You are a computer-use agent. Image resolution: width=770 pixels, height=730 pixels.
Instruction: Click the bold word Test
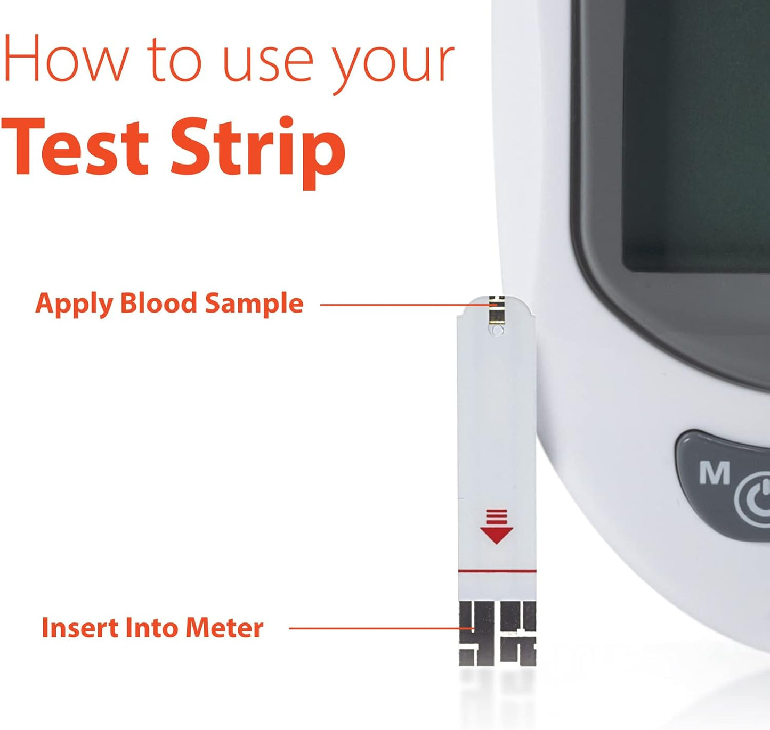click(75, 145)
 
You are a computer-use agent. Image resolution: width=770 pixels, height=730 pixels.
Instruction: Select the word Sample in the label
click(254, 304)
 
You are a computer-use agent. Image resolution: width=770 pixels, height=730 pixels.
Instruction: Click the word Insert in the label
click(79, 628)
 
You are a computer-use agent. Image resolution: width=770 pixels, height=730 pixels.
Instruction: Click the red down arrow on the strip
click(496, 527)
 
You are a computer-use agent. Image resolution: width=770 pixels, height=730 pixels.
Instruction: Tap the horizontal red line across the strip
click(497, 571)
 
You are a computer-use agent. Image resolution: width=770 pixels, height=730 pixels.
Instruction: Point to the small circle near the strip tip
click(497, 331)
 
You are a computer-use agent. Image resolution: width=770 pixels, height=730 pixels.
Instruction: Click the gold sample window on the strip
click(496, 311)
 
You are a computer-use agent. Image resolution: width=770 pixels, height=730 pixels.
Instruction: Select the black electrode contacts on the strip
click(497, 634)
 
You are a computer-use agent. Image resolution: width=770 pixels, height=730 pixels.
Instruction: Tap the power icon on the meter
click(755, 500)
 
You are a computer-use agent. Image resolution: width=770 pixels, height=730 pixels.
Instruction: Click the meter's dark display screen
click(693, 133)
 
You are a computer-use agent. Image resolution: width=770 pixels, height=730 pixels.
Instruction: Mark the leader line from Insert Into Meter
click(373, 628)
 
